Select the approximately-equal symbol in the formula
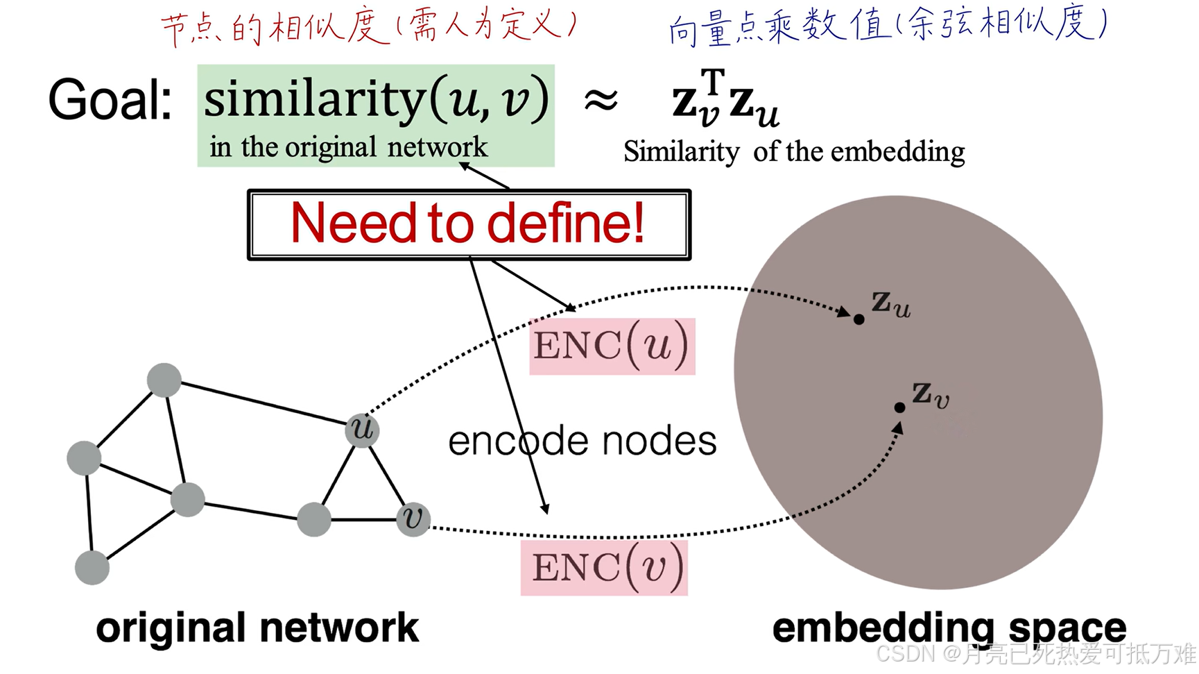pyautogui.click(x=601, y=101)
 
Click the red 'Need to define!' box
pyautogui.click(x=469, y=224)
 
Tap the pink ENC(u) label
pyautogui.click(x=612, y=346)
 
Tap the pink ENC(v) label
pyautogui.click(x=604, y=568)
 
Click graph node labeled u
pyautogui.click(x=362, y=430)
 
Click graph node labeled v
pyautogui.click(x=413, y=519)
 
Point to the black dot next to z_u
pyautogui.click(x=859, y=319)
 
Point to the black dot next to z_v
pyautogui.click(x=899, y=407)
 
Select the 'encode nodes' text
pyautogui.click(x=582, y=441)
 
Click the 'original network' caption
pyautogui.click(x=257, y=628)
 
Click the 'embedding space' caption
pyautogui.click(x=949, y=628)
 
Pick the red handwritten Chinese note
pyautogui.click(x=368, y=28)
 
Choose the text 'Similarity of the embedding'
pyautogui.click(x=793, y=151)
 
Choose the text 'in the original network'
pyautogui.click(x=348, y=147)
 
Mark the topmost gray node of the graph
pyautogui.click(x=164, y=380)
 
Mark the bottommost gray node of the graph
pyautogui.click(x=92, y=568)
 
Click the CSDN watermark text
pyautogui.click(x=1036, y=654)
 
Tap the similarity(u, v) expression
pyautogui.click(x=376, y=99)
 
